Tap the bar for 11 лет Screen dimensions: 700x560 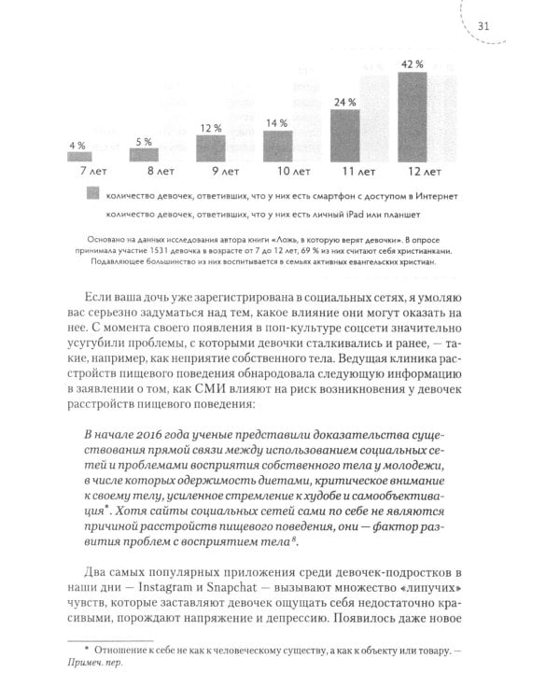pyautogui.click(x=346, y=136)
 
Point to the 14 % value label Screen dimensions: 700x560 pyautogui.click(x=277, y=123)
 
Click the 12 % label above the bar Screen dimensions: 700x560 pyautogui.click(x=211, y=127)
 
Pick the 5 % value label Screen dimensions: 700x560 pyautogui.click(x=144, y=141)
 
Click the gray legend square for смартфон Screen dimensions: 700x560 pyautogui.click(x=91, y=195)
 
